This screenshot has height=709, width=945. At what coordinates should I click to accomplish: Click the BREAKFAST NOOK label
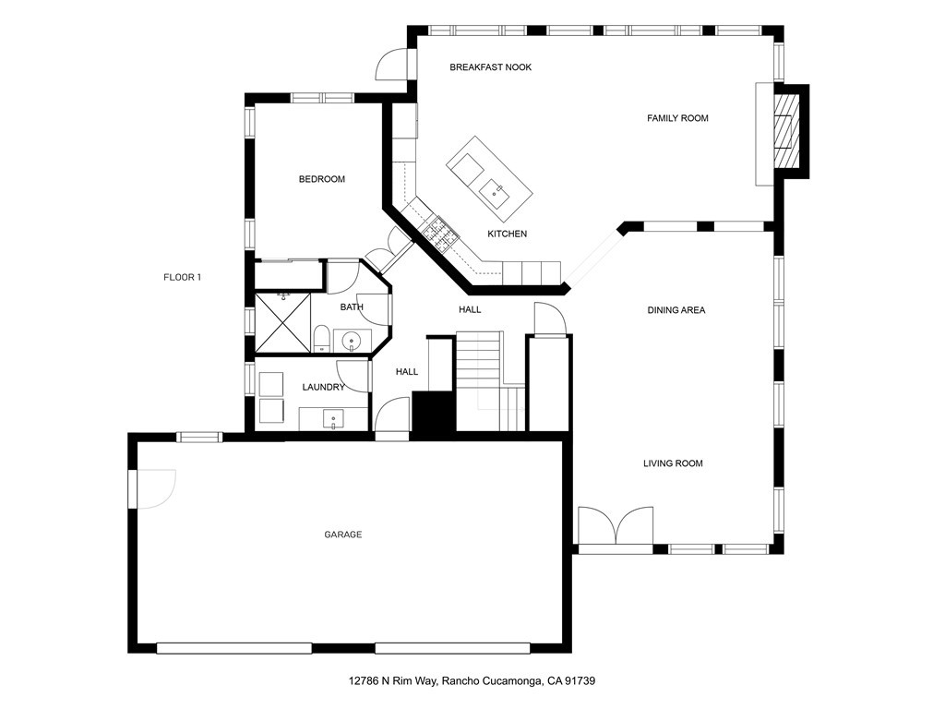click(x=490, y=67)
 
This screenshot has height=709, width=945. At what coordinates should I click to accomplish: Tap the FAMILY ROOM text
click(x=677, y=118)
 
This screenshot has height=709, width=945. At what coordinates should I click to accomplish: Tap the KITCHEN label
click(x=507, y=234)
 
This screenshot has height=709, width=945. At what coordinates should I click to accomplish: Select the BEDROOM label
click(x=321, y=179)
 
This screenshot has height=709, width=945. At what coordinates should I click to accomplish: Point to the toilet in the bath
click(x=320, y=339)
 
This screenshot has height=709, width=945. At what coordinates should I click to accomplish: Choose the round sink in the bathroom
click(x=353, y=342)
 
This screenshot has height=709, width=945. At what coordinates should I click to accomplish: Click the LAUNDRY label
click(x=323, y=387)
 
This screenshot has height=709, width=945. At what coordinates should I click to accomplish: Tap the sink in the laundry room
click(x=332, y=419)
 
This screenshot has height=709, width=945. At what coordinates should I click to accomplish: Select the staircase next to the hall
click(x=480, y=379)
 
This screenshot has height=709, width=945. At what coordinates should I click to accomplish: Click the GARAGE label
click(x=342, y=535)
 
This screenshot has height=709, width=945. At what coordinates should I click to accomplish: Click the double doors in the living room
click(x=616, y=526)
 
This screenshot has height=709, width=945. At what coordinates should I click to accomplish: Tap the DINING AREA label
click(x=676, y=310)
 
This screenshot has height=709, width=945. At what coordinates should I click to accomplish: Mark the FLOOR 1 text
click(x=182, y=277)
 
